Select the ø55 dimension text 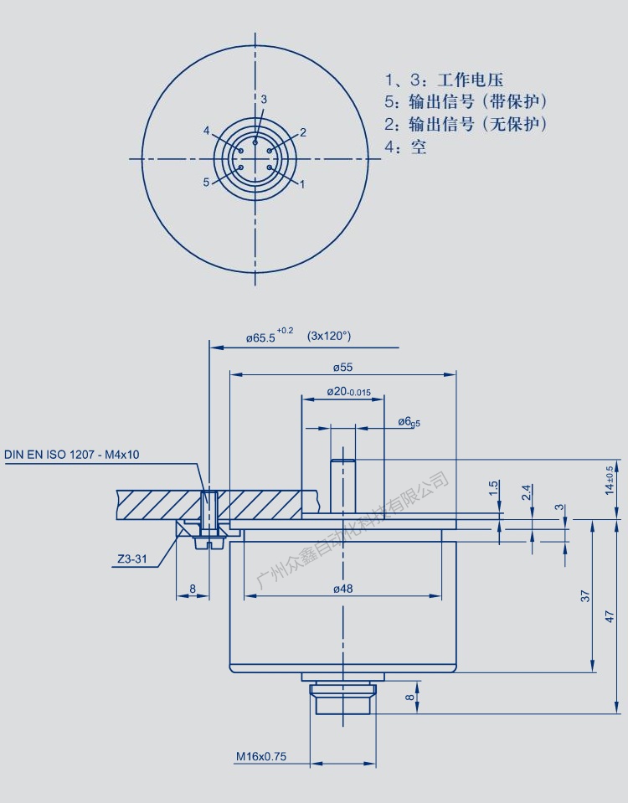coord(342,367)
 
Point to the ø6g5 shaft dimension coord(409,422)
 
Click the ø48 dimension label coord(342,589)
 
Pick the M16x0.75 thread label coord(260,756)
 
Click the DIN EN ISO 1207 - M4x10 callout coord(72,455)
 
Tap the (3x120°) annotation coord(329,336)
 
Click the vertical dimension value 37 coord(585,595)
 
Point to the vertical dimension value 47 coord(610,616)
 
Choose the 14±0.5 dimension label coord(610,479)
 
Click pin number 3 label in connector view coord(264,100)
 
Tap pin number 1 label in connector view coord(302,182)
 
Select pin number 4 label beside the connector coord(206,131)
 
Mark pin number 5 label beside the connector coord(206,182)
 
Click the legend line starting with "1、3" coord(444,80)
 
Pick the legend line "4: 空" coord(405,147)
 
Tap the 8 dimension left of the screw coord(193,589)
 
